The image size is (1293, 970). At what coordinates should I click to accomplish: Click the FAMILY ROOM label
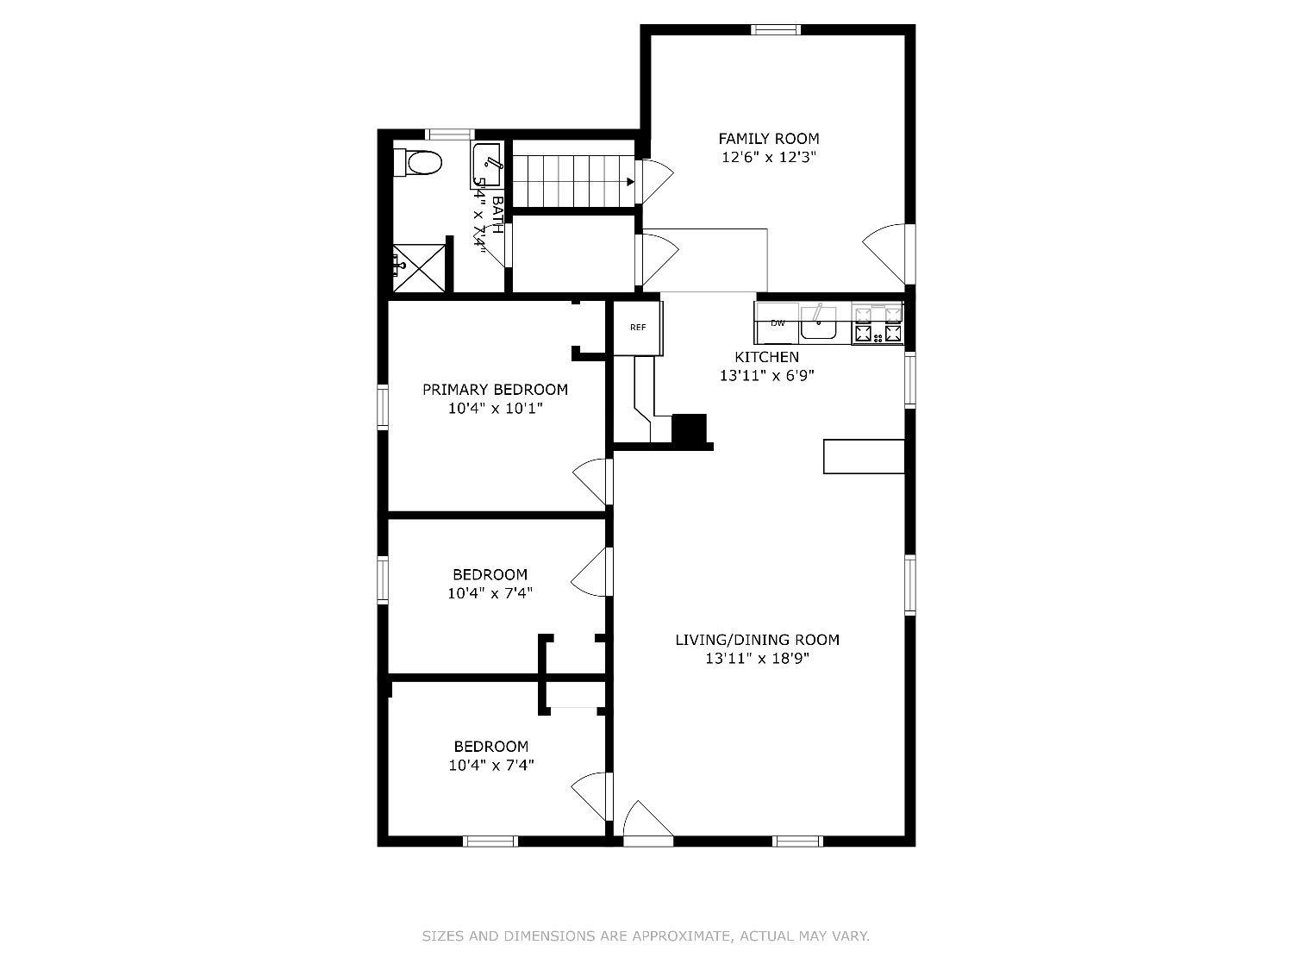(x=768, y=139)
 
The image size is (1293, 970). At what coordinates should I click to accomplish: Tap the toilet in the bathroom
(x=420, y=162)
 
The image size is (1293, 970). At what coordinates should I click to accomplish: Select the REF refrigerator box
(x=638, y=328)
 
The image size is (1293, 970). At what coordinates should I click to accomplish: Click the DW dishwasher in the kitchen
(x=778, y=323)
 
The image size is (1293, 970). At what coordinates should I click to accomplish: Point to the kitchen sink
(x=818, y=325)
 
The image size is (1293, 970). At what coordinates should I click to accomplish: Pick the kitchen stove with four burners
(x=878, y=324)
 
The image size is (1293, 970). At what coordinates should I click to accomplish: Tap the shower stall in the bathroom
(x=419, y=269)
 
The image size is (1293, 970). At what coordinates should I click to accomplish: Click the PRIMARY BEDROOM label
(x=495, y=390)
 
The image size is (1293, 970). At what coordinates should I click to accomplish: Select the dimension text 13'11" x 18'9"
(x=757, y=659)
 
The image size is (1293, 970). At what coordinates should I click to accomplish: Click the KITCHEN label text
(x=766, y=357)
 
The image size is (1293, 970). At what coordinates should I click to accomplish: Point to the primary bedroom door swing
(x=593, y=482)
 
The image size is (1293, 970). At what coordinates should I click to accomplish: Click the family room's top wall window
(x=775, y=30)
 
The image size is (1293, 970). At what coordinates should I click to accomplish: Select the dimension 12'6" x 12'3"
(x=768, y=158)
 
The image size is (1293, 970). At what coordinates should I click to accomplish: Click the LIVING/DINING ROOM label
(x=757, y=640)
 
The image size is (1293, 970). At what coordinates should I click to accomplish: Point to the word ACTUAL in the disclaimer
(x=765, y=936)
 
